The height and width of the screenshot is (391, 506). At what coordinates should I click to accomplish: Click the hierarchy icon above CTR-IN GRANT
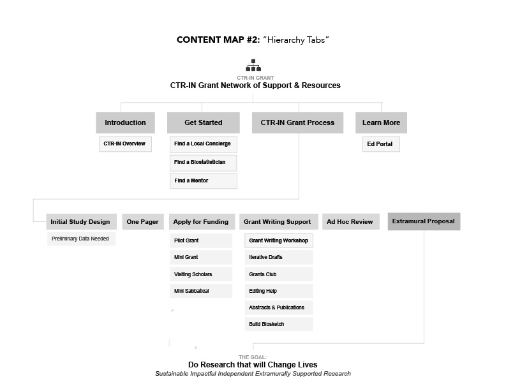(253, 65)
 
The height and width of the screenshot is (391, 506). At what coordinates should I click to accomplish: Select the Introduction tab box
(125, 122)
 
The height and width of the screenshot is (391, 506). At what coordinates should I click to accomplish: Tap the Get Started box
(204, 122)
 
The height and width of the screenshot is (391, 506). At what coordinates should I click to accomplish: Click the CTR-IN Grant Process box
(297, 122)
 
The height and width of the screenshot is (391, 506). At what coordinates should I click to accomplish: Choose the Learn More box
(381, 122)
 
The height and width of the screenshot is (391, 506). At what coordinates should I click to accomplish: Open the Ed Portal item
(381, 144)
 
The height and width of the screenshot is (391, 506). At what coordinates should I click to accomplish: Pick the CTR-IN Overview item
(125, 144)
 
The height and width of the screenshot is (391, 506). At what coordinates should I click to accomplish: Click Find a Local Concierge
(204, 144)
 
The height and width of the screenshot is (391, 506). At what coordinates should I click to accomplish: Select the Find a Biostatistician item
(204, 163)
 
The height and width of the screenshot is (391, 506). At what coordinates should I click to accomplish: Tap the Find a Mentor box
(204, 181)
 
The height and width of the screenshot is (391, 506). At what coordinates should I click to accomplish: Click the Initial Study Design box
(81, 221)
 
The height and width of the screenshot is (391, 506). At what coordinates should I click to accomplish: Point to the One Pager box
(143, 221)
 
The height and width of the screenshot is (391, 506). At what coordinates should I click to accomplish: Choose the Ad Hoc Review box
(351, 221)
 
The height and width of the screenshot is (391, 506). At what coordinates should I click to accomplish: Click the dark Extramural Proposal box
(424, 221)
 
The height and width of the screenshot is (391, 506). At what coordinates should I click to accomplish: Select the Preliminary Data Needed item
(81, 239)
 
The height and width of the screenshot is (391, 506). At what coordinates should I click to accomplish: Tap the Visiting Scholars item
(201, 274)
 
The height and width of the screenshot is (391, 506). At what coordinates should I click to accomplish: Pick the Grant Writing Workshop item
(279, 240)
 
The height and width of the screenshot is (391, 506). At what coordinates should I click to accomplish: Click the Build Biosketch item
(279, 324)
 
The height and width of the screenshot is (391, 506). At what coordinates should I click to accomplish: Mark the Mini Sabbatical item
(201, 291)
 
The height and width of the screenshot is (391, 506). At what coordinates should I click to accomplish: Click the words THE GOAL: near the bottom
(253, 357)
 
